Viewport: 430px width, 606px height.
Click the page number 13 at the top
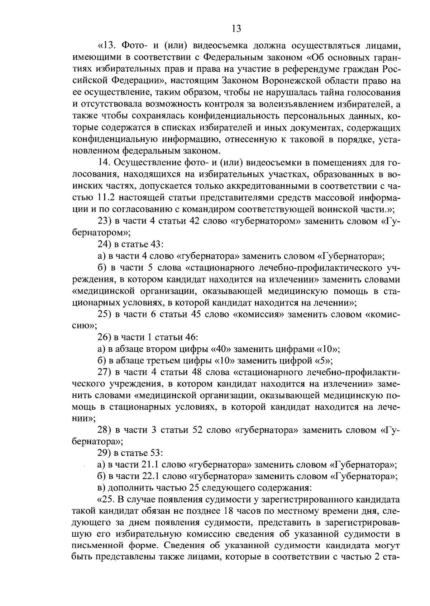(x=236, y=28)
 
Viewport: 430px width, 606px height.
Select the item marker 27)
(x=105, y=372)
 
